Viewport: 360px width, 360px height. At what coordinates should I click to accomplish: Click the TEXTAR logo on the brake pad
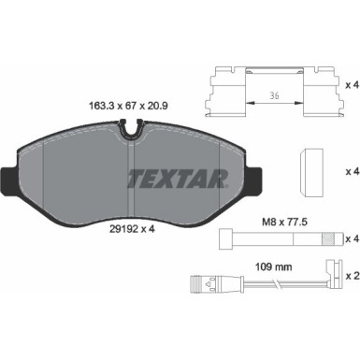tap(178, 179)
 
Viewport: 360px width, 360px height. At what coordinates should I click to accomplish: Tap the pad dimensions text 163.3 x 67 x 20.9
tap(128, 106)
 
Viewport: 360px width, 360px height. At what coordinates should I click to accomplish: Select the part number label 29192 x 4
tap(132, 229)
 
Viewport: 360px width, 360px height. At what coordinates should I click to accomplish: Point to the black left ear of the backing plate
tap(8, 180)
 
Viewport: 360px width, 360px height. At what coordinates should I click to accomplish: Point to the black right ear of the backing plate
tap(254, 180)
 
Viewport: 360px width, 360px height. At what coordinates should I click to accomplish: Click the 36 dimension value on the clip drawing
tap(274, 95)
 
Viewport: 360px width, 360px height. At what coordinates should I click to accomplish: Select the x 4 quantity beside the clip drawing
tap(353, 85)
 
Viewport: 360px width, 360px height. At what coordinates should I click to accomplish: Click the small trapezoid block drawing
tap(311, 173)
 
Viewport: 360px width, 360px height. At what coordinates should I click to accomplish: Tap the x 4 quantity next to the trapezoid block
tap(353, 171)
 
